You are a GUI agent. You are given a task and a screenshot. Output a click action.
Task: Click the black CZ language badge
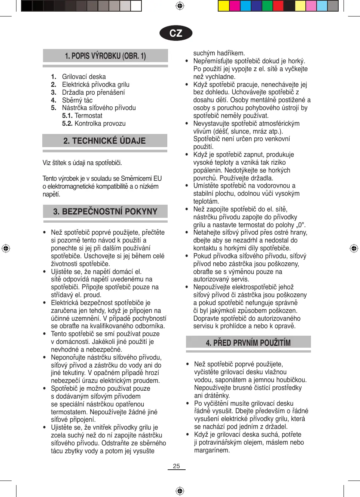(176, 33)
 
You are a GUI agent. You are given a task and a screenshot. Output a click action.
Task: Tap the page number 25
(176, 466)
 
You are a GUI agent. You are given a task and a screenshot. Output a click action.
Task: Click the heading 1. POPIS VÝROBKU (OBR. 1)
(105, 56)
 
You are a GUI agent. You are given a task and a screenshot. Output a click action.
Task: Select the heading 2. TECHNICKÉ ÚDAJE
(104, 141)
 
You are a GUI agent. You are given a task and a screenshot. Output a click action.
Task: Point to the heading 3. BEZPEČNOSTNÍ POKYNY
(105, 211)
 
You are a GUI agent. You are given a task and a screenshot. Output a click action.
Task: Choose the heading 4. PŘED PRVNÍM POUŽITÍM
(248, 342)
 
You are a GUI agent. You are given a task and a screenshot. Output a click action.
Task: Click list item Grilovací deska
(84, 77)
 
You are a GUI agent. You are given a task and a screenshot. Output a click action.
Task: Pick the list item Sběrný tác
(77, 100)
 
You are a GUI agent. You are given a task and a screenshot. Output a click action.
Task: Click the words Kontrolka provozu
(100, 124)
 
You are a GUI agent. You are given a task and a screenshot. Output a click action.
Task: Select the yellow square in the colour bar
(223, 6)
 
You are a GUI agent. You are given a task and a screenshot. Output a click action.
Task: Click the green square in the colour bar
(267, 6)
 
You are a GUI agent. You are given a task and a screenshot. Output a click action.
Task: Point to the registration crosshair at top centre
(180, 6)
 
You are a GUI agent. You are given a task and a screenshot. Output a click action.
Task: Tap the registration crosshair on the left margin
(6, 248)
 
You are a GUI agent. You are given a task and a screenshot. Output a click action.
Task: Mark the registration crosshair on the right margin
(354, 248)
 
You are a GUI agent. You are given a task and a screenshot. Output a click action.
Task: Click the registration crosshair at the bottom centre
(180, 491)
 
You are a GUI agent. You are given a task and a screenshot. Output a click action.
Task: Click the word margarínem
(212, 450)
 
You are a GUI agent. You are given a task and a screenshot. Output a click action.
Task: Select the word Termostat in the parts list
(88, 116)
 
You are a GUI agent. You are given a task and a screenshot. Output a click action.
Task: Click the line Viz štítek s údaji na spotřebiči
(82, 163)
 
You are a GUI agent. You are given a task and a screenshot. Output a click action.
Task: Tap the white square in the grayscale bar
(136, 6)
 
